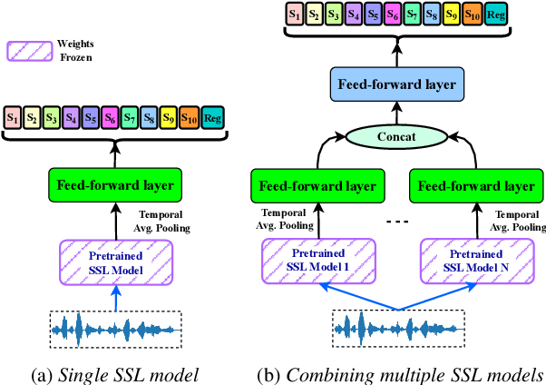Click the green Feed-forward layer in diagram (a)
point(115,186)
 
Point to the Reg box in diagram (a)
point(212,117)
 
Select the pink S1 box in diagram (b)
point(295,15)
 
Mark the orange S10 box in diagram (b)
point(472,15)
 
